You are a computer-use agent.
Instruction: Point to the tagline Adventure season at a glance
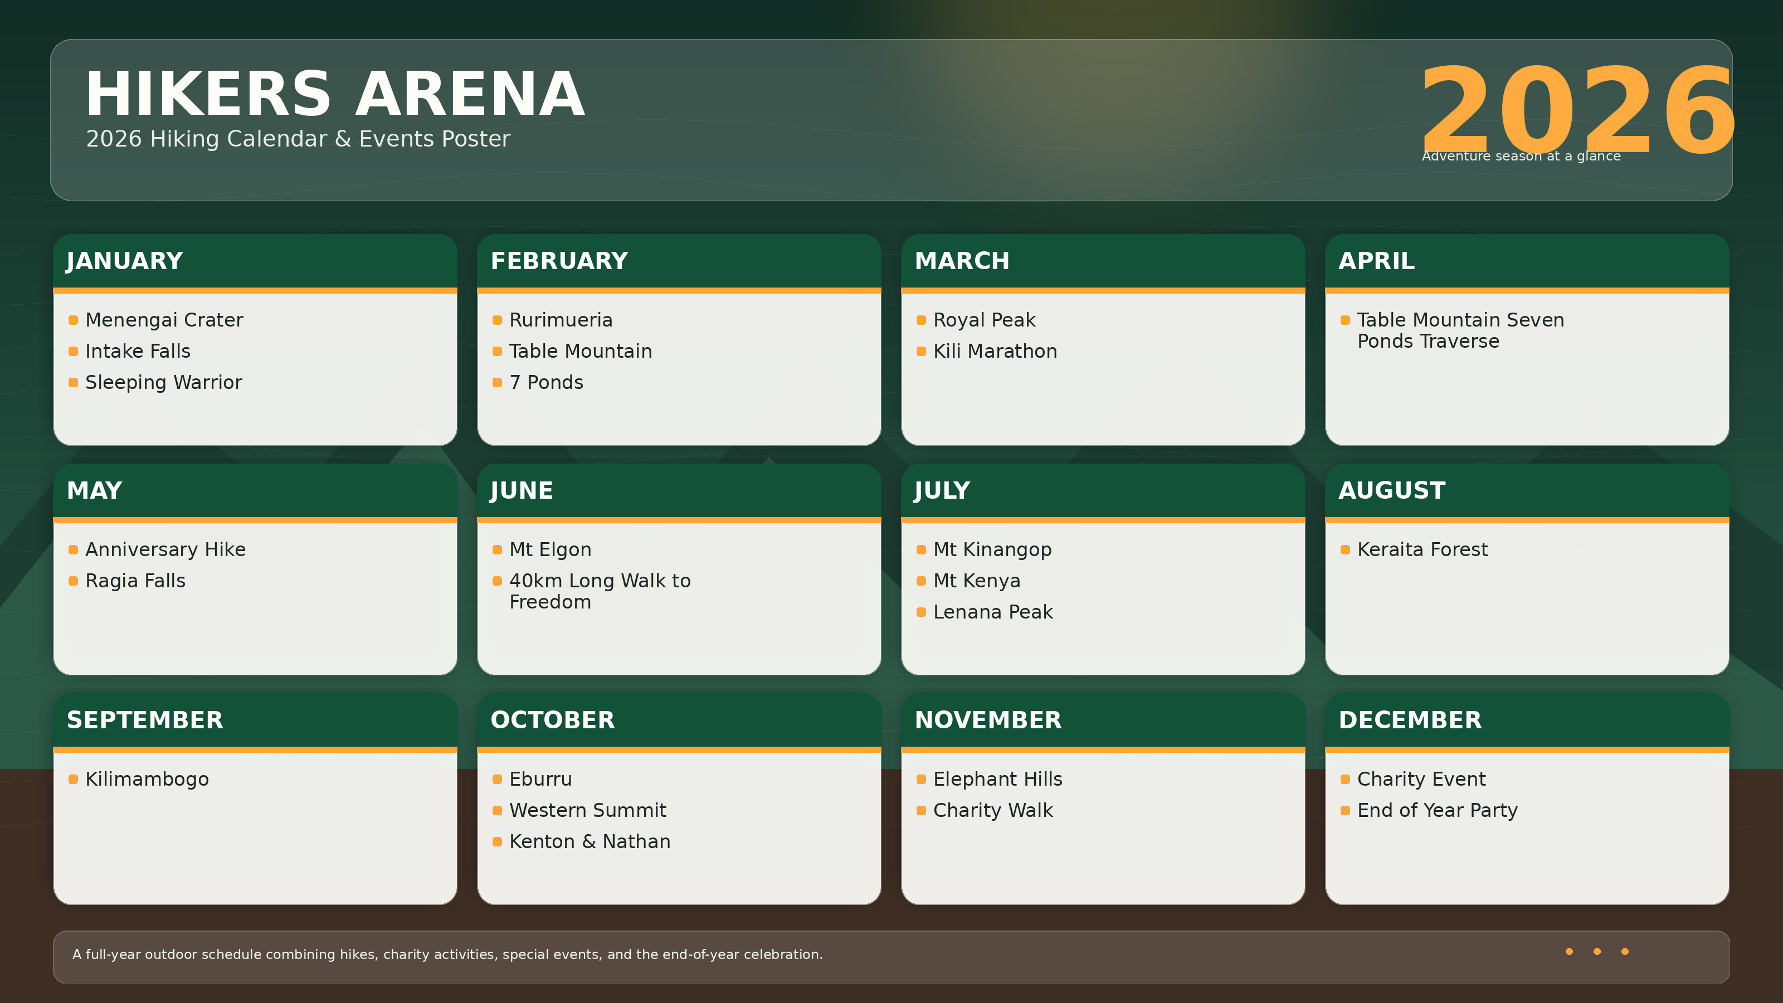click(1521, 157)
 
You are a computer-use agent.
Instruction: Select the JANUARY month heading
click(125, 261)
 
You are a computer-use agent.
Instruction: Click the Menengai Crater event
click(164, 320)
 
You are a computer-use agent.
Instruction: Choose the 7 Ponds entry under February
click(546, 382)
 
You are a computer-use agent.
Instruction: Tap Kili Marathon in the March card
click(995, 351)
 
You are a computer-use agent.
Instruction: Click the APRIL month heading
click(1376, 261)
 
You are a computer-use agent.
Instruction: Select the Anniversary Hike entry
click(165, 549)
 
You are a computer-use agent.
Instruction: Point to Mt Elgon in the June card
click(551, 549)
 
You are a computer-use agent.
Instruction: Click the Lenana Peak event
click(992, 612)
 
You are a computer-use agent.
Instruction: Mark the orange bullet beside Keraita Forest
click(1345, 549)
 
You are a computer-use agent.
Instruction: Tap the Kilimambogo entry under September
click(147, 780)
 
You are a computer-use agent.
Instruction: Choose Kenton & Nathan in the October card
click(590, 842)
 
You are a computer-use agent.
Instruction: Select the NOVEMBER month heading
click(988, 720)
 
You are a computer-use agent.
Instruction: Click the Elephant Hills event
click(997, 780)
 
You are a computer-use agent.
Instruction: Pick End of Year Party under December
click(1437, 811)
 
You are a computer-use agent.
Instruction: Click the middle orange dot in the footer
click(1597, 952)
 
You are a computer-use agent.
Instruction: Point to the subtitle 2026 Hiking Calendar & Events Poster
click(298, 139)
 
